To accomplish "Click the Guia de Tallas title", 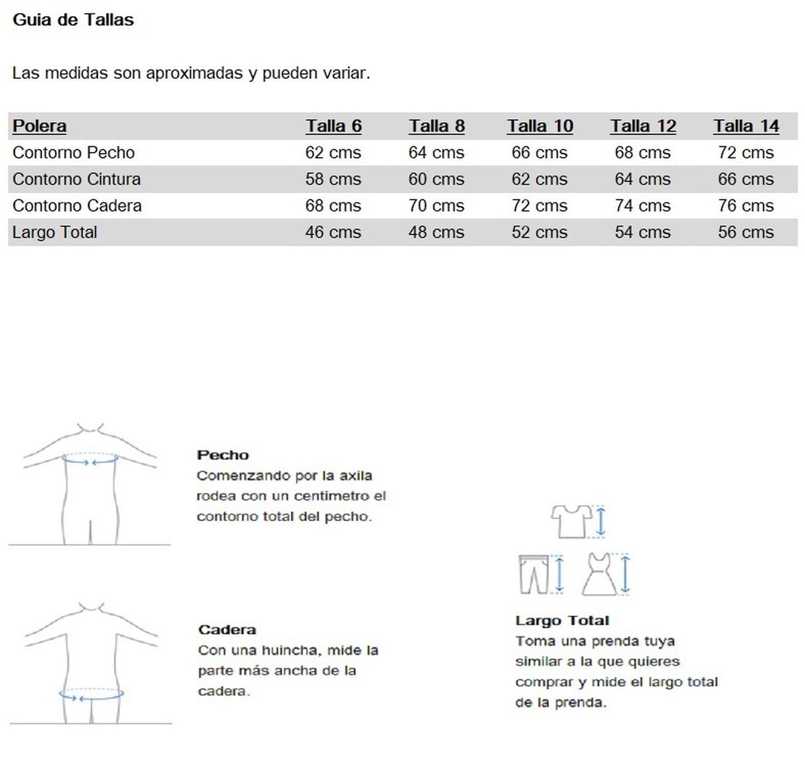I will click(x=73, y=20).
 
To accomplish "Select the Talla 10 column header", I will click(x=540, y=126).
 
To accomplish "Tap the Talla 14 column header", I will click(x=746, y=126).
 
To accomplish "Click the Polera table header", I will click(x=39, y=126).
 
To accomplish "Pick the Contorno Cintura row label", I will click(x=76, y=179).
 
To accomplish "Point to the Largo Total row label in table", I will click(x=55, y=232).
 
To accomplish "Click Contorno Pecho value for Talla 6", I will click(x=333, y=153).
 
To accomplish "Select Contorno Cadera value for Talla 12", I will click(x=642, y=206).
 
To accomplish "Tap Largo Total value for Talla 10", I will click(x=539, y=232).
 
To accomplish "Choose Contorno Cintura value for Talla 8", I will click(x=436, y=179).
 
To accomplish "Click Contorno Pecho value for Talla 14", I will click(x=746, y=153).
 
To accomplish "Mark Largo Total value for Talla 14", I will click(x=746, y=232).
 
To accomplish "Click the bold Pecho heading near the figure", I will click(x=223, y=455).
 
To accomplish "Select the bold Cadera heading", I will click(x=226, y=630).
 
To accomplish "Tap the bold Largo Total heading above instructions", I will click(x=562, y=621).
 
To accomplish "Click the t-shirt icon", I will click(x=571, y=521).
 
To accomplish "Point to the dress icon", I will click(x=600, y=574).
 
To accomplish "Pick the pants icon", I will click(x=533, y=574).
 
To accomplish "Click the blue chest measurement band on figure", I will click(x=90, y=459).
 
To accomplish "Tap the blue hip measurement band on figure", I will click(x=91, y=694).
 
